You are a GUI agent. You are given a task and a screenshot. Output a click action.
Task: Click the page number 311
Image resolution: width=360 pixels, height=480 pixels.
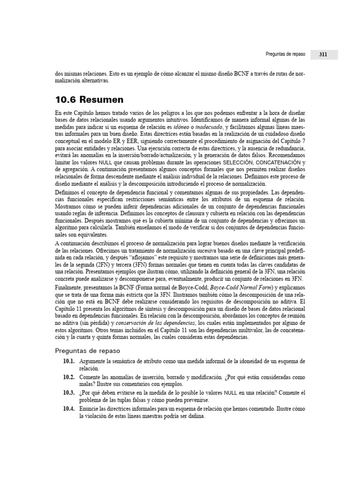click(323, 54)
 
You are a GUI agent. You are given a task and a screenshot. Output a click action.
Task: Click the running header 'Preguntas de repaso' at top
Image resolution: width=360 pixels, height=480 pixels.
click(285, 54)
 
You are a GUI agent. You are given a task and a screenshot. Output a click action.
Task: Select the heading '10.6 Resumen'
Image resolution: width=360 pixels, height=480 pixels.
click(89, 100)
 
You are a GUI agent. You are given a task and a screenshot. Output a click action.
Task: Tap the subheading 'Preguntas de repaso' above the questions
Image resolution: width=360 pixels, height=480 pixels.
click(88, 351)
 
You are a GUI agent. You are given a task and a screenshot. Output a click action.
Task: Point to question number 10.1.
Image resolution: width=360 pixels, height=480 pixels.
click(69, 361)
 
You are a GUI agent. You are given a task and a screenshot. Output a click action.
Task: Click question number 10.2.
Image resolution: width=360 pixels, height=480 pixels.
click(69, 377)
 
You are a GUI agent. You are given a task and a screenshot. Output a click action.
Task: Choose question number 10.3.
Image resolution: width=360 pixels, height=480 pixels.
click(69, 392)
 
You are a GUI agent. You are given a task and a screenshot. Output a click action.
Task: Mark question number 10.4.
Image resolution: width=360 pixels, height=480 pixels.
click(69, 408)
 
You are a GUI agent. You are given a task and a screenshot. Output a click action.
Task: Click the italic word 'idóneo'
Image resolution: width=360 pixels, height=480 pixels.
click(182, 127)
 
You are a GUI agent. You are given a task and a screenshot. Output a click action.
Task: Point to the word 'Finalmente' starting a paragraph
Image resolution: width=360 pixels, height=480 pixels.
click(67, 287)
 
